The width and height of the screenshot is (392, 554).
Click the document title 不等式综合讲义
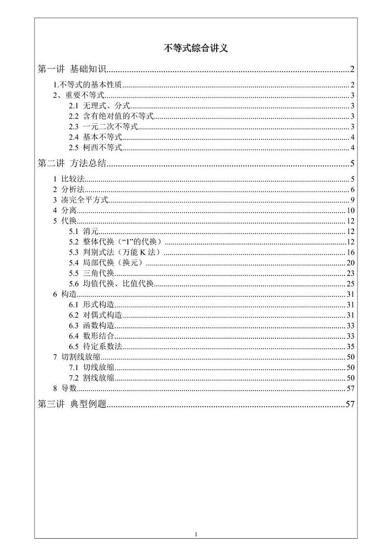click(x=196, y=48)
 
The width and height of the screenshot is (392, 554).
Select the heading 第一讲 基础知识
click(x=72, y=69)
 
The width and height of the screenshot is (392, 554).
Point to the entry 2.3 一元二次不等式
click(x=103, y=127)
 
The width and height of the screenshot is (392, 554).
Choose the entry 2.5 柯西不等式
click(x=95, y=148)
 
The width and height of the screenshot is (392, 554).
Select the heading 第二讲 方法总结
click(x=72, y=163)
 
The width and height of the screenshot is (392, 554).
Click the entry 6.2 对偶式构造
click(x=96, y=315)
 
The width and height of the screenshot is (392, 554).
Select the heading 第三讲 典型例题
click(x=72, y=404)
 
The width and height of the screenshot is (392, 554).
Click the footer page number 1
click(x=196, y=534)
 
